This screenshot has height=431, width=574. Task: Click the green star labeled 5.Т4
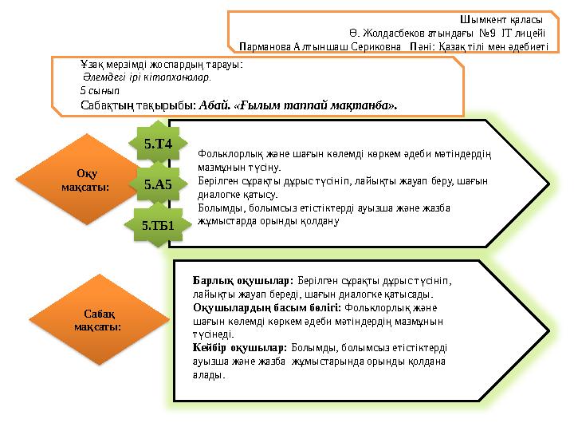coord(158,144)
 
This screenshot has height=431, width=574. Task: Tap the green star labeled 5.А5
coord(158,184)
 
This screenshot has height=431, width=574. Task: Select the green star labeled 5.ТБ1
coord(158,225)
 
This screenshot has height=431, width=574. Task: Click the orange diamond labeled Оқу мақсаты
coord(86,180)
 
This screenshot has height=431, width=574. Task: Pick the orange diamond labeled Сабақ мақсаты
coord(99,319)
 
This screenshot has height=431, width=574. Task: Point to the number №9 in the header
coord(488,34)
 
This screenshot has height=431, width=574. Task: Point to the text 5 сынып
coord(100,90)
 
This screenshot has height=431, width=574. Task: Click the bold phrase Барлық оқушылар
coord(243,281)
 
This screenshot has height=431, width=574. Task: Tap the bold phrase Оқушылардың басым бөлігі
coord(267,308)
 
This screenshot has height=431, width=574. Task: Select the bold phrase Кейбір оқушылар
coord(240,347)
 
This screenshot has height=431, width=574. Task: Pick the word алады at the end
coord(209,375)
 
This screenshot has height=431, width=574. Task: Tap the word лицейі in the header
coord(530,34)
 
